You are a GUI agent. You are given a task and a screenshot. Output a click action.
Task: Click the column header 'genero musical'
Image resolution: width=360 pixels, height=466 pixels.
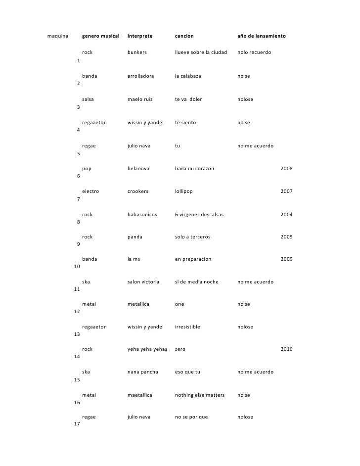coord(101,37)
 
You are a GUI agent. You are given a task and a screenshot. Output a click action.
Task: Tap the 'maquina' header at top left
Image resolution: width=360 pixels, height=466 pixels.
coord(57,37)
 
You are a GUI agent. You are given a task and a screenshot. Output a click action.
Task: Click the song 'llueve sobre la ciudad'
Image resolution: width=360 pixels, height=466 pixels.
coord(201,52)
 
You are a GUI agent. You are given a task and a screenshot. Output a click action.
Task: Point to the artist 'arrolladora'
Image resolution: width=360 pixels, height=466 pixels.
coord(140,77)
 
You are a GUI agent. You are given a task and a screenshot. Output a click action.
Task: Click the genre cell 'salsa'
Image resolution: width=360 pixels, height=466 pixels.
coord(88,99)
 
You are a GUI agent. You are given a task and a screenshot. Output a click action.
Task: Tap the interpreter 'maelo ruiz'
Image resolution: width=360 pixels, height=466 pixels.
coord(140,99)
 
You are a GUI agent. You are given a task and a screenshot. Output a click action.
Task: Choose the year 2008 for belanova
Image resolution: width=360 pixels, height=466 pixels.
coord(286,169)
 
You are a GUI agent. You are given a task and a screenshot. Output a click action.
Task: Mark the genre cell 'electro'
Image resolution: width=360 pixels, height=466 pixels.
coord(90,191)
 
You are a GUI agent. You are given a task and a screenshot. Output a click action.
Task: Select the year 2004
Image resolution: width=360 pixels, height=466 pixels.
coord(286,215)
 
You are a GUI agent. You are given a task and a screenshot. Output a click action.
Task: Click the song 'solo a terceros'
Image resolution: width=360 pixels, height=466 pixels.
coord(192,237)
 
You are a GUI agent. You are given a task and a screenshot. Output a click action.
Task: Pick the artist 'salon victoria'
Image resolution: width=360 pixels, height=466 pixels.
coord(143,282)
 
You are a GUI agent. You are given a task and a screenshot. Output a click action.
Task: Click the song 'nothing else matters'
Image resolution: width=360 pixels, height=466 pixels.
coord(200,395)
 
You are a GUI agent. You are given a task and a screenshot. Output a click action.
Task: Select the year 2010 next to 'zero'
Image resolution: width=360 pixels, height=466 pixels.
coord(286,349)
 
